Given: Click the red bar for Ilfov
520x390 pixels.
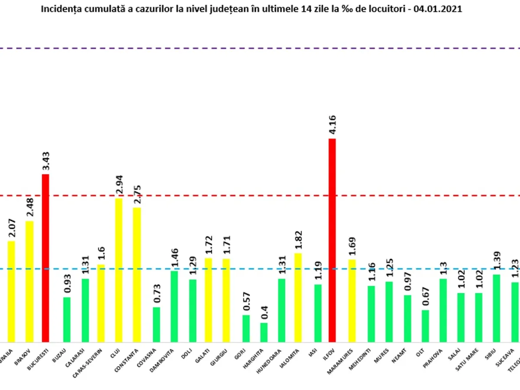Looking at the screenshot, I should [332, 240].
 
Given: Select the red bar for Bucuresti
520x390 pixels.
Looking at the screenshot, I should [45, 258].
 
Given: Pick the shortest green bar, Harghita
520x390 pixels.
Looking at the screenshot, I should [263, 332].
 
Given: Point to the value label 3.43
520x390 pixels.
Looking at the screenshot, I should [45, 162].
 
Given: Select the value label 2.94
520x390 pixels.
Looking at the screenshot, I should [119, 185].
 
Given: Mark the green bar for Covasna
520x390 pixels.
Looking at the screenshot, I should [156, 325].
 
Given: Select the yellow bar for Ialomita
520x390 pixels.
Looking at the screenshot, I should [298, 298].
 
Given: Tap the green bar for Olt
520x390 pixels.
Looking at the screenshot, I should [426, 326].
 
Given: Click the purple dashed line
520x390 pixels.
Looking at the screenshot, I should [260, 48].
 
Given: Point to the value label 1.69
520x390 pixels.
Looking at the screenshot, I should [352, 247].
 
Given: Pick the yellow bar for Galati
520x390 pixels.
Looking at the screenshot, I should [208, 300].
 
